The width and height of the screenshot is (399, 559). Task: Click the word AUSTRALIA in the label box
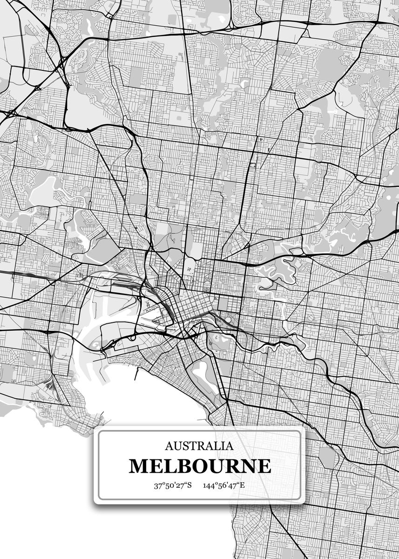click(x=199, y=446)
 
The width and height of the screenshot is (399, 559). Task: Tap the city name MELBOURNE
click(x=199, y=466)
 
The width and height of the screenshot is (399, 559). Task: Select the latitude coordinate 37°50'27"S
click(x=173, y=486)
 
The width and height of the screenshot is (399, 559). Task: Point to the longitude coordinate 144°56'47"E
click(x=224, y=486)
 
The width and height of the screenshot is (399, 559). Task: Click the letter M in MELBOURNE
click(x=138, y=466)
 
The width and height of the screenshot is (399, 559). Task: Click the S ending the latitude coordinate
click(x=189, y=486)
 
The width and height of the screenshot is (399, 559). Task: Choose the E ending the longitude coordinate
click(x=242, y=486)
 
